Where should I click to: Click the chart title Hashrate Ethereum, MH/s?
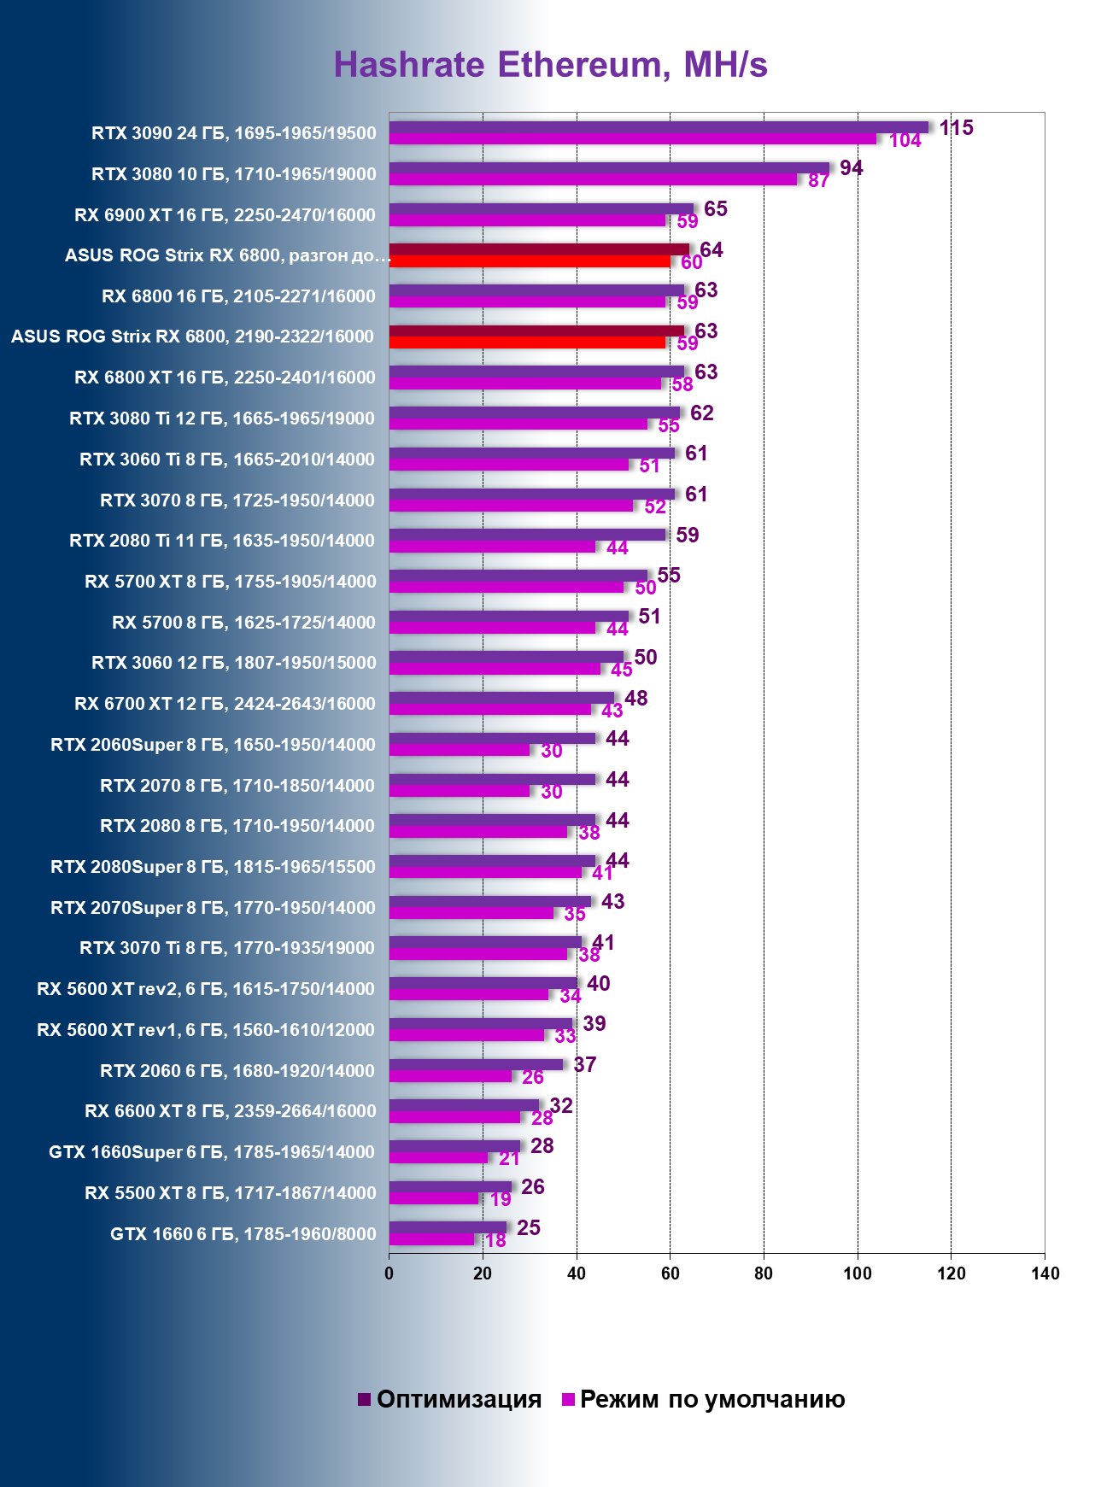[550, 65]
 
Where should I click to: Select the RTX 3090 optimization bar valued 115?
[658, 127]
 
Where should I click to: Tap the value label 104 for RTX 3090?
[905, 141]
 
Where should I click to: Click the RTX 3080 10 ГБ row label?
[233, 174]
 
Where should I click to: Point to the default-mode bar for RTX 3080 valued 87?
[593, 180]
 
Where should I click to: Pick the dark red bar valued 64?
[539, 249]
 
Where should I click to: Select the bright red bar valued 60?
[530, 261]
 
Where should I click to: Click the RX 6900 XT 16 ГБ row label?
[225, 215]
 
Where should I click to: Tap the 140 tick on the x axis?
[1045, 1273]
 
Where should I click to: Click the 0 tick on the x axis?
[389, 1273]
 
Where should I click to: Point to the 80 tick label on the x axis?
[764, 1273]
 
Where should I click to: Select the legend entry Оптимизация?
[450, 1399]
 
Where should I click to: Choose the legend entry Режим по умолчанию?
[703, 1399]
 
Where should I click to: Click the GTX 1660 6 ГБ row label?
[243, 1234]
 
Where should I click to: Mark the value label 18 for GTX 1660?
[495, 1241]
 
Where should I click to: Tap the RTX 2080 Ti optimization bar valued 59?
[527, 535]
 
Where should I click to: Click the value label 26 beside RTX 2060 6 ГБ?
[532, 1078]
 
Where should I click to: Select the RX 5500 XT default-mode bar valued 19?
[434, 1198]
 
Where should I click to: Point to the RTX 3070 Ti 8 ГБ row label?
[226, 948]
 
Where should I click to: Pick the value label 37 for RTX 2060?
[584, 1064]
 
